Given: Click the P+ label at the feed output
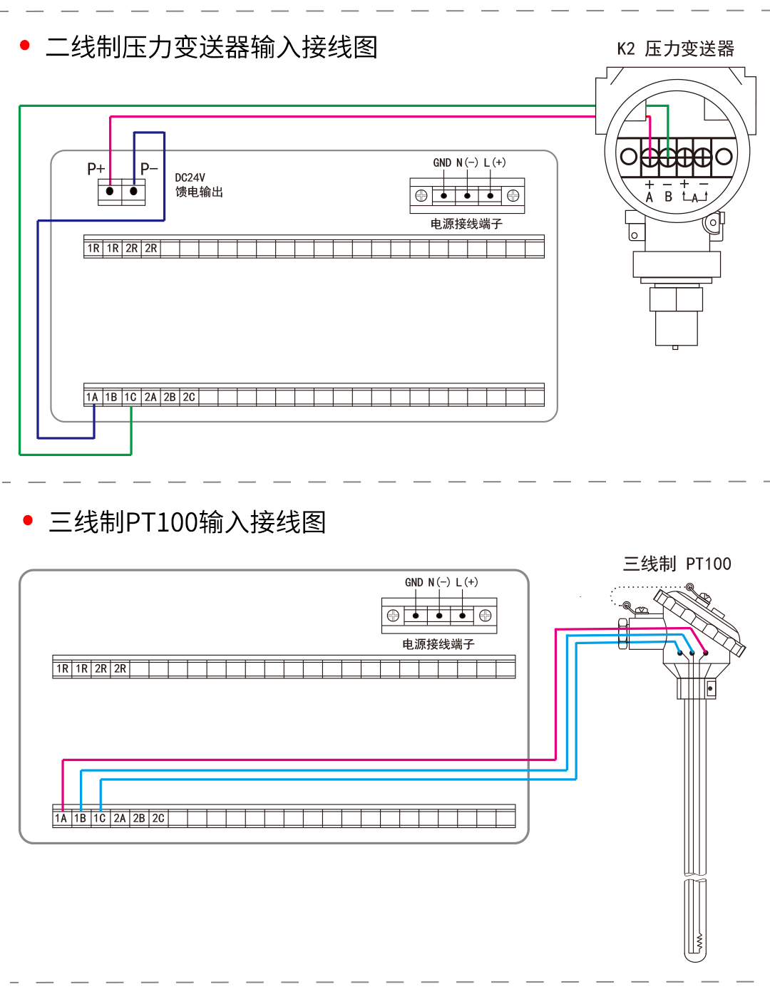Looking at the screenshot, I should point(96,169).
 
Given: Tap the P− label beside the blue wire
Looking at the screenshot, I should point(149,169).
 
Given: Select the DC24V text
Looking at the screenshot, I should point(190,177).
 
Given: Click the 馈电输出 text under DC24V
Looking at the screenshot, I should point(199,192).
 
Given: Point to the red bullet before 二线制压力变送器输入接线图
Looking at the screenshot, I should point(26,46).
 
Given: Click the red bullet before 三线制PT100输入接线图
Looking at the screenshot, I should point(29,520).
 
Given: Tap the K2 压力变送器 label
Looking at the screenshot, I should point(675,48).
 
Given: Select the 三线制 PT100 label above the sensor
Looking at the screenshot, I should point(677,564).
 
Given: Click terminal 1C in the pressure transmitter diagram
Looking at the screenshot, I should point(130,397).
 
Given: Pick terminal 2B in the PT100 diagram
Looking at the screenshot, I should point(139,818).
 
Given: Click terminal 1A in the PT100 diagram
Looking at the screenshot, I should point(61,818).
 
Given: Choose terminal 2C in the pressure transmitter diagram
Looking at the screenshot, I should point(189,397).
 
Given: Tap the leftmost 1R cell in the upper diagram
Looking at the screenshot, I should point(93,248).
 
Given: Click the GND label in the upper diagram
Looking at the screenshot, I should point(442,162).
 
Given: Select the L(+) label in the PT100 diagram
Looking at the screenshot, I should point(467,582).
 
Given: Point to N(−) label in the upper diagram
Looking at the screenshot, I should point(467,162).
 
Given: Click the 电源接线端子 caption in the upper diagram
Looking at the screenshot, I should point(466,224).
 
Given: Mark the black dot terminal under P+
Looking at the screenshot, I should point(110,191).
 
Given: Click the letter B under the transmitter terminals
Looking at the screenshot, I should point(668,197).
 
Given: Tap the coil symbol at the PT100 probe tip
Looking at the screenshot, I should point(699,941).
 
